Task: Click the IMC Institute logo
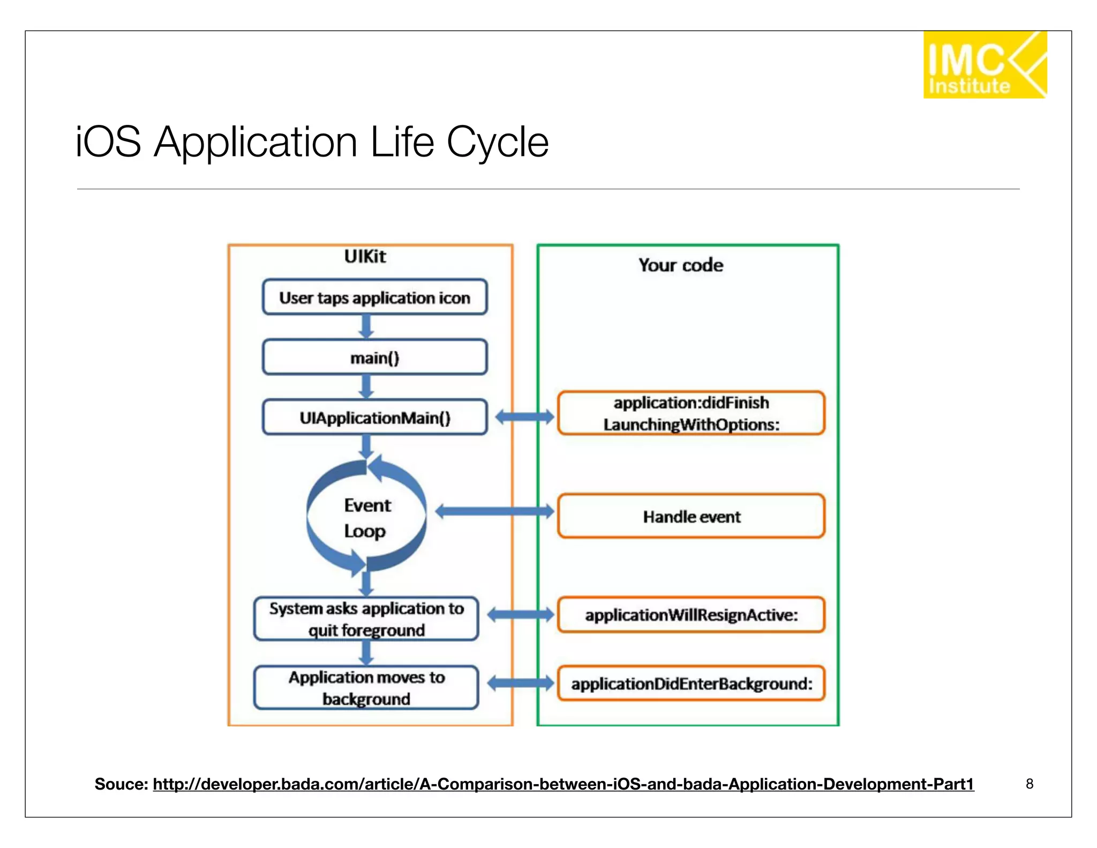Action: coord(984,65)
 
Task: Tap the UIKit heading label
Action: coord(365,256)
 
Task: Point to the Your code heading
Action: coord(680,265)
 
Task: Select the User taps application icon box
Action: coord(374,297)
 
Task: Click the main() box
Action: coord(374,357)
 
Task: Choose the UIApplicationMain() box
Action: coord(374,417)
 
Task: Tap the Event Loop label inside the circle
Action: coord(367,518)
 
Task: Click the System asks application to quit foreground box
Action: coord(366,619)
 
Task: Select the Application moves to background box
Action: coord(366,688)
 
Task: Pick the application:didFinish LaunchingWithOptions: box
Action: coord(691,413)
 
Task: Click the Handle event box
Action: coord(691,516)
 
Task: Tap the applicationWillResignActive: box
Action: coord(691,615)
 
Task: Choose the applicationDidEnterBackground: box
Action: coord(691,683)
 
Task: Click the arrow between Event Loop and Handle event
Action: coord(494,511)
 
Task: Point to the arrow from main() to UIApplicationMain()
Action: coord(366,386)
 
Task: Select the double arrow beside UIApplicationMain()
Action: coord(524,416)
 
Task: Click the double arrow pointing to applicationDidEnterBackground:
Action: coord(520,683)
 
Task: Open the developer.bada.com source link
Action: coord(562,784)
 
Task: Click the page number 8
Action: coord(1029,784)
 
